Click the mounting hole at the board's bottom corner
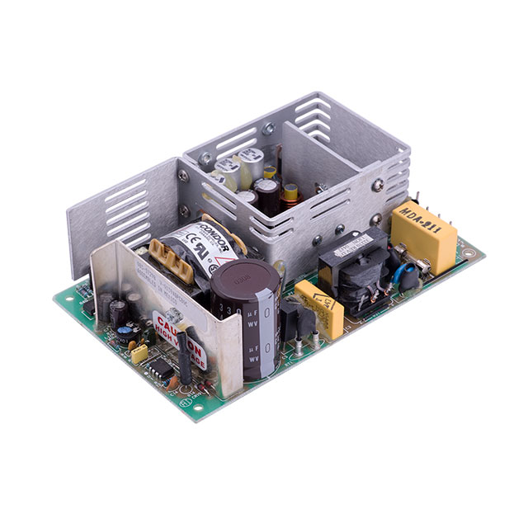tap(195, 406)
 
